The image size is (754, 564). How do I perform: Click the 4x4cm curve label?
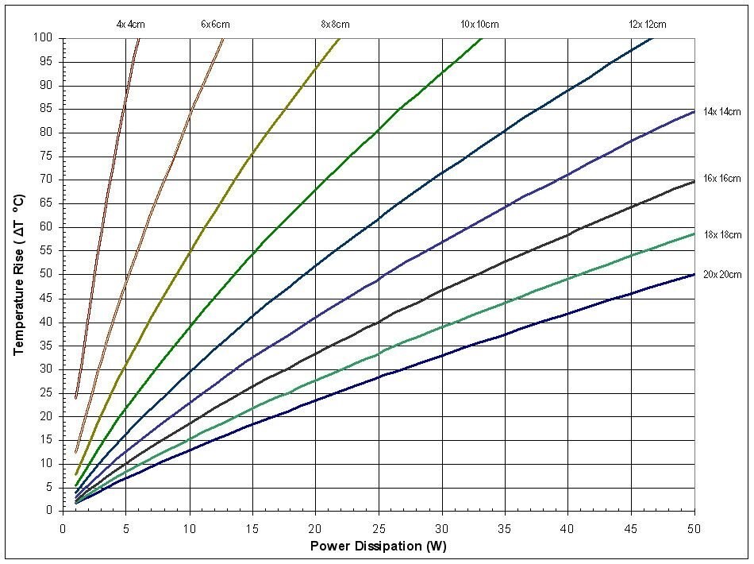pyautogui.click(x=131, y=25)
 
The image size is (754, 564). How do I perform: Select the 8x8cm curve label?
pyautogui.click(x=335, y=25)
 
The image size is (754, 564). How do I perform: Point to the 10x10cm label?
pyautogui.click(x=480, y=25)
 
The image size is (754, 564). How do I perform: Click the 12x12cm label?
pyautogui.click(x=648, y=25)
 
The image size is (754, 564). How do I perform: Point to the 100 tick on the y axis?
pyautogui.click(x=44, y=38)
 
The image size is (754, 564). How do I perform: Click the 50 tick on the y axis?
pyautogui.click(x=48, y=274)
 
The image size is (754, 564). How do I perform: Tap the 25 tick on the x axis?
pyautogui.click(x=378, y=525)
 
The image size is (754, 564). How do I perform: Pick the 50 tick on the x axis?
pyautogui.click(x=694, y=525)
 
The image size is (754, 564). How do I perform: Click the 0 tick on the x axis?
pyautogui.click(x=63, y=525)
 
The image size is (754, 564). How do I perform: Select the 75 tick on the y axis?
pyautogui.click(x=48, y=156)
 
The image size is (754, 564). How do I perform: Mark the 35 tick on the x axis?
pyautogui.click(x=504, y=525)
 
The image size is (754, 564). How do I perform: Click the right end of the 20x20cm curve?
pyautogui.click(x=694, y=274)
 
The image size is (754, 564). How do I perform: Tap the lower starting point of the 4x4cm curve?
pyautogui.click(x=76, y=397)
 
